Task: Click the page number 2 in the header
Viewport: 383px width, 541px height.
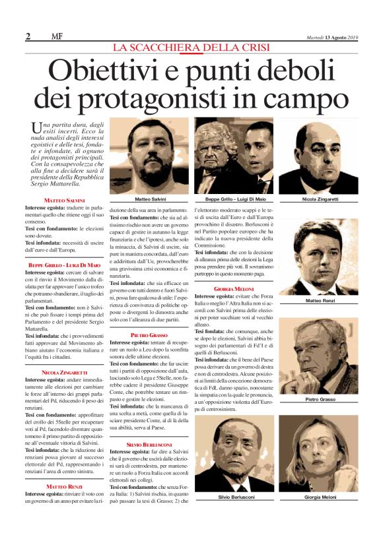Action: (28, 36)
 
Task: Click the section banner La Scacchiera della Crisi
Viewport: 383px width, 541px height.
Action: (191, 48)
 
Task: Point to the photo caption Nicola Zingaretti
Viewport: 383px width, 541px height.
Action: (320, 199)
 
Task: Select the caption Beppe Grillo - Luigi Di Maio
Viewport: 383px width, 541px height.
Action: (234, 199)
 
